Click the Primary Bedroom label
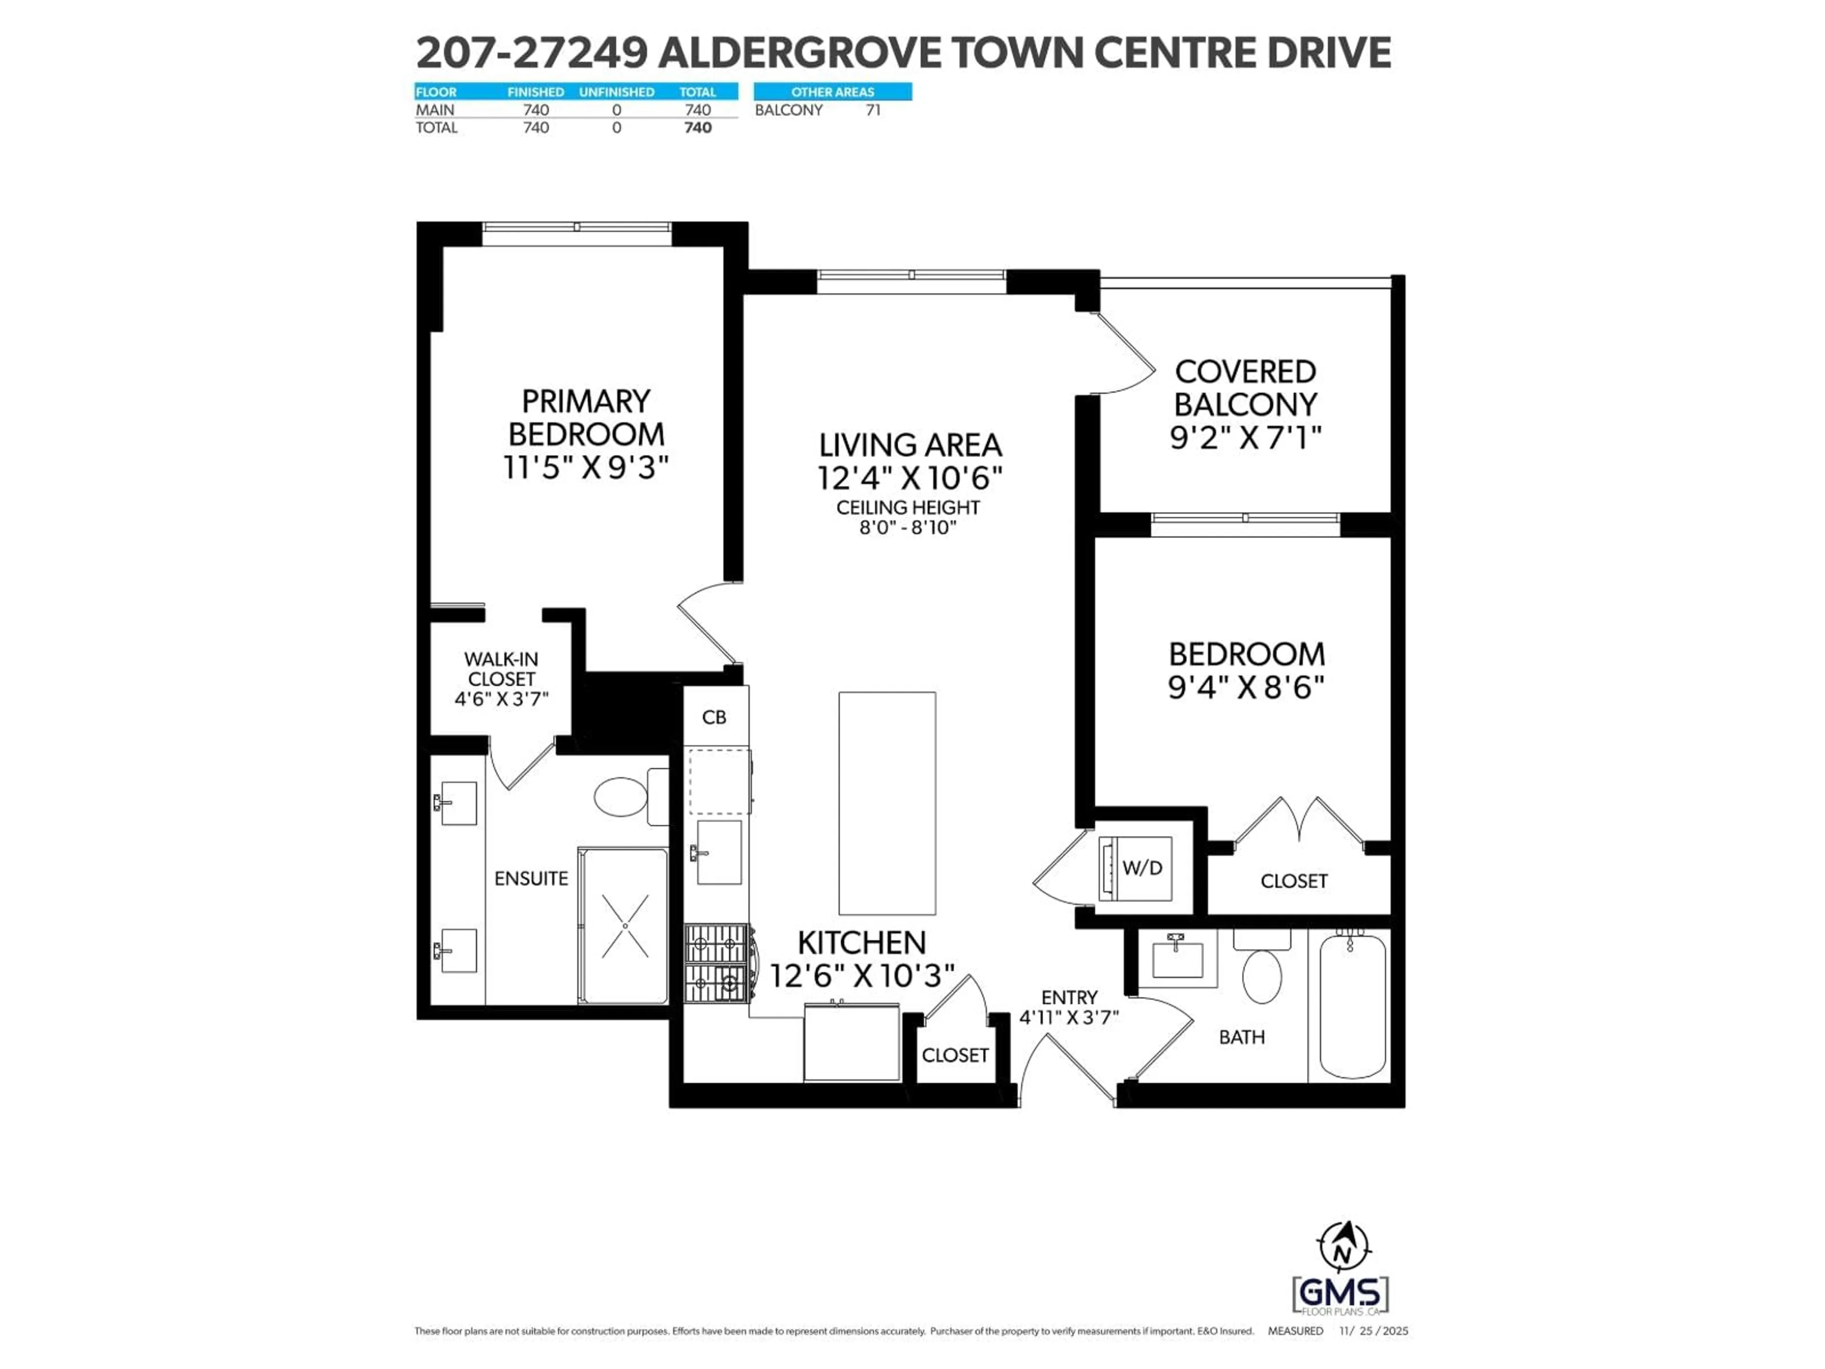point(586,417)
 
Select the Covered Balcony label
point(1245,388)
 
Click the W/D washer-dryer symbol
point(1135,868)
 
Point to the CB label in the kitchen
point(714,717)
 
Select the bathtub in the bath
point(1352,1004)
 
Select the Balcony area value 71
point(873,110)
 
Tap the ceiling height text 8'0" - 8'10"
point(908,527)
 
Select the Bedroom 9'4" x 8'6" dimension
point(1246,686)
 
